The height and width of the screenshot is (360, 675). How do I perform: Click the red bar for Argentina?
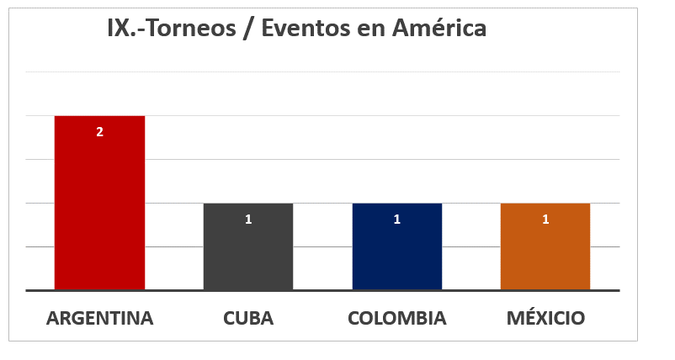coord(99,210)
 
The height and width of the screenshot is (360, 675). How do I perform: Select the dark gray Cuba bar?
coord(248,252)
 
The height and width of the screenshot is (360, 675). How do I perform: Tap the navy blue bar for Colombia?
coord(396,252)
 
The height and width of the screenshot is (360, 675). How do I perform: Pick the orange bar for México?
coord(545,252)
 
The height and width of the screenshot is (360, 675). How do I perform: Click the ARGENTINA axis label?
coord(99,319)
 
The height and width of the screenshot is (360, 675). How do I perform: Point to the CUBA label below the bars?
coord(248,319)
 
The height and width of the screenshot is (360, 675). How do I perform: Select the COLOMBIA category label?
coord(396,319)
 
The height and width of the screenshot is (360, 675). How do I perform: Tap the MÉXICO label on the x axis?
coord(545,319)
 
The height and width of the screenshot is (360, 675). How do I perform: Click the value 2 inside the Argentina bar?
coord(99,132)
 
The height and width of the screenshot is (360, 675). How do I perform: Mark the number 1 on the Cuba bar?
coord(248,220)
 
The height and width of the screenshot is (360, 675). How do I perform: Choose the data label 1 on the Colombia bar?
coord(396,220)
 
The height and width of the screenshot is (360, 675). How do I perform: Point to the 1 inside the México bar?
coord(545,220)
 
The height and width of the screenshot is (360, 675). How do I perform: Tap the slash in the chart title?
coord(250,29)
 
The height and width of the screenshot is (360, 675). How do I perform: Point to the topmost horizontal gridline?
coord(337,72)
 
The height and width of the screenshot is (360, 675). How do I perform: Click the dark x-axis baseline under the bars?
coord(337,290)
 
